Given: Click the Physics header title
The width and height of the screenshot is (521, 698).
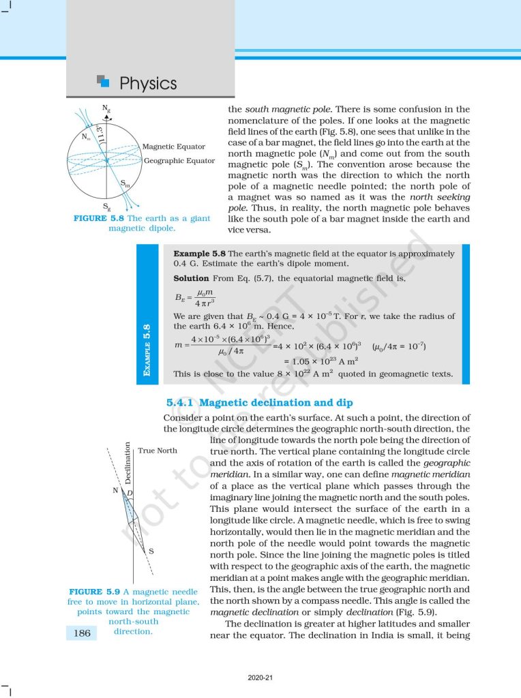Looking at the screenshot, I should (147, 84).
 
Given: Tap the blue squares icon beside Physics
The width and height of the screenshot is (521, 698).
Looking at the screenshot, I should (104, 81).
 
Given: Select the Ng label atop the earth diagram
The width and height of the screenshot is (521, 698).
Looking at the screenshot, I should (106, 108).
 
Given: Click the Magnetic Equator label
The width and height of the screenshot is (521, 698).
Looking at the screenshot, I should (173, 147).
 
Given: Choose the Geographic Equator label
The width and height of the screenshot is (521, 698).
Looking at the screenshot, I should (179, 160).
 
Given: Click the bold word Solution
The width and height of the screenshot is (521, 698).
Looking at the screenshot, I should (191, 278).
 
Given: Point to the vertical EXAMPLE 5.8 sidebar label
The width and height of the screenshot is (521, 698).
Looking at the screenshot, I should (147, 351).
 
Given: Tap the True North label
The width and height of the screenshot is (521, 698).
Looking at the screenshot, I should (158, 451).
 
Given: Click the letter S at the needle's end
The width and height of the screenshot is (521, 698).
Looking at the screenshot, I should (151, 551).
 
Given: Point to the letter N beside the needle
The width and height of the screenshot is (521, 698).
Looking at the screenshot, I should (115, 491).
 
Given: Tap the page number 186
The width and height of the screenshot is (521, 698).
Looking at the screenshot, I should (82, 633).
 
